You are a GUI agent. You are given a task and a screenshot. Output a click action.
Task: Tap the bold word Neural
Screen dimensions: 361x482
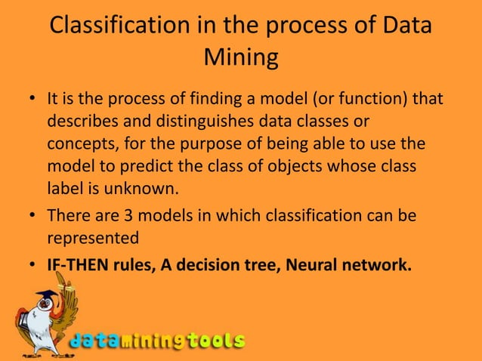click(311, 264)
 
